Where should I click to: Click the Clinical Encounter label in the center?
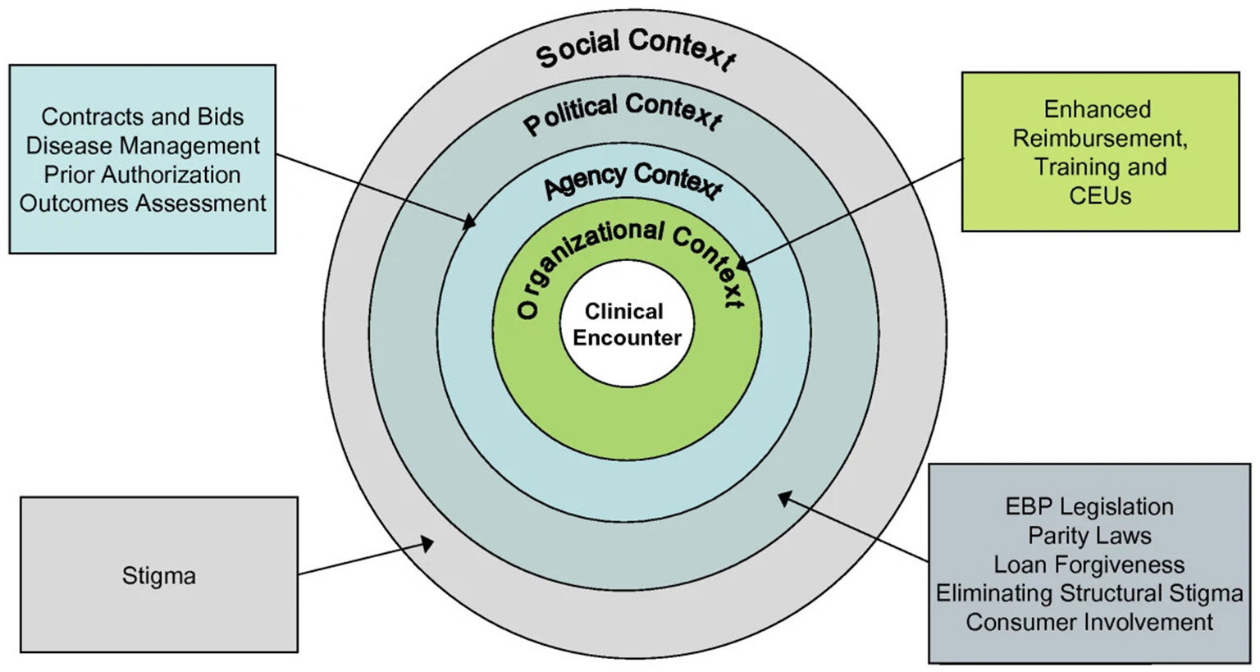pyautogui.click(x=627, y=325)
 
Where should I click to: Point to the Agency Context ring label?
pyautogui.click(x=632, y=179)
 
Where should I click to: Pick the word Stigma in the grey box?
pyautogui.click(x=159, y=576)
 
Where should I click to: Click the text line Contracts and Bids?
pyautogui.click(x=143, y=117)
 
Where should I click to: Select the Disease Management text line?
pyautogui.click(x=143, y=145)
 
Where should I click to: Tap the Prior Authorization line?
pyautogui.click(x=143, y=175)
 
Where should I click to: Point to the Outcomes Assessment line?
pyautogui.click(x=143, y=203)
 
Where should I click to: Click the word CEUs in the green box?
pyautogui.click(x=1100, y=196)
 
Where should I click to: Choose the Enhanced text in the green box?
pyautogui.click(x=1097, y=109)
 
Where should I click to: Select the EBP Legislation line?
pyautogui.click(x=1089, y=506)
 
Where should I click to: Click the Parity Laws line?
pyautogui.click(x=1089, y=536)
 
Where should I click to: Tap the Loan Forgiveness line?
pyautogui.click(x=1089, y=565)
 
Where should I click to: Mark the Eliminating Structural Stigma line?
pyautogui.click(x=1089, y=593)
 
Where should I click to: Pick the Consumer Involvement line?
pyautogui.click(x=1089, y=622)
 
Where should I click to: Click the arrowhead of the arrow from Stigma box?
pyautogui.click(x=427, y=541)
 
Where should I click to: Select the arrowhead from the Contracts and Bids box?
pyautogui.click(x=470, y=222)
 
